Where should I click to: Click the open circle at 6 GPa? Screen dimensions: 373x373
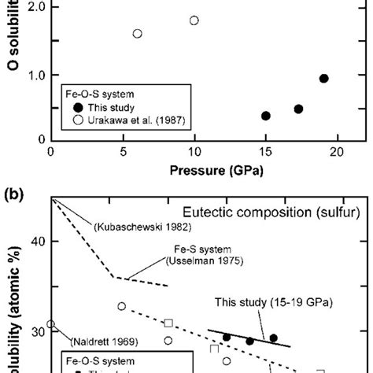point(137,34)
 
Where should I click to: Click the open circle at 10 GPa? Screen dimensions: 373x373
point(194,20)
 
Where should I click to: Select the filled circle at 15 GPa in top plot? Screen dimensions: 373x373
point(266,116)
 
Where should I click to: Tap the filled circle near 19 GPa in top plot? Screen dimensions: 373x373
point(323,79)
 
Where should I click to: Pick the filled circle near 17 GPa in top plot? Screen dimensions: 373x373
point(298,109)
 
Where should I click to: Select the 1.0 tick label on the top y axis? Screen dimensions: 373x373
point(32,76)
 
